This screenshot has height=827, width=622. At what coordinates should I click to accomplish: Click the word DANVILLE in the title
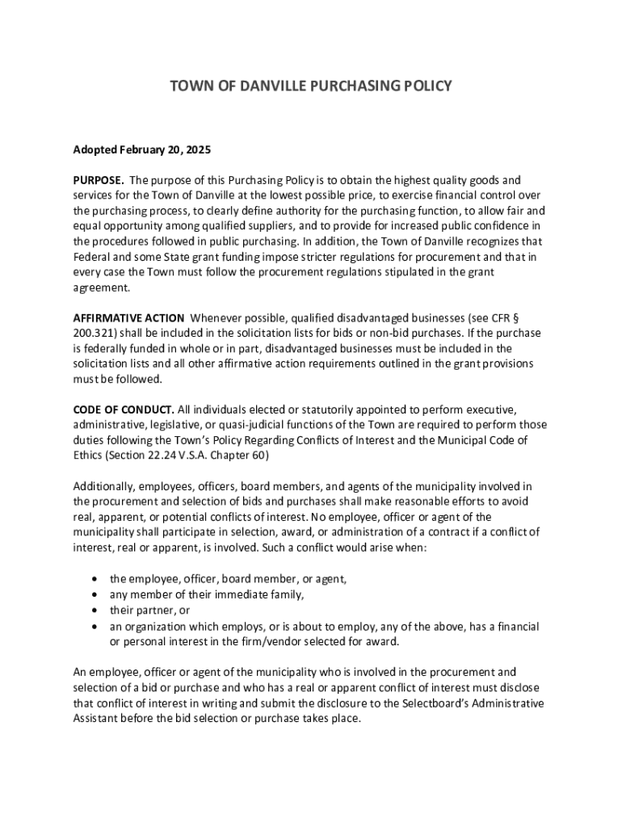264,85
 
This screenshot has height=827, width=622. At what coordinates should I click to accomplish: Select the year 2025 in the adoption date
197,149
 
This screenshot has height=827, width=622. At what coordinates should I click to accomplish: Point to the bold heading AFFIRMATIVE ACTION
128,317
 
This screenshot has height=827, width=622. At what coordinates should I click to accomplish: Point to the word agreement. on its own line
101,288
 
